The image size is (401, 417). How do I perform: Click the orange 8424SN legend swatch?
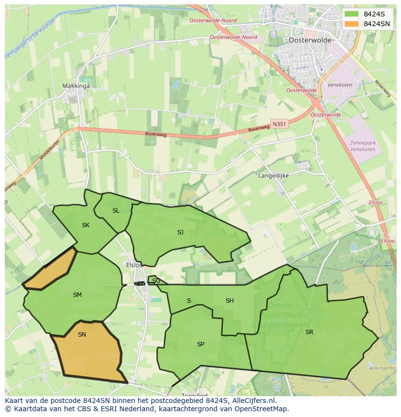[352, 24]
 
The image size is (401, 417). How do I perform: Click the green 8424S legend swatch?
[352, 14]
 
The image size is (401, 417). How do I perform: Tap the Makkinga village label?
[76, 86]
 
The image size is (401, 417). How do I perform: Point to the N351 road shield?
[279, 124]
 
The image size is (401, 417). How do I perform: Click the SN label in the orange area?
[82, 334]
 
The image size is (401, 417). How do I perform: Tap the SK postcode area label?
[86, 225]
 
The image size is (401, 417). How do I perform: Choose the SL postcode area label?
[116, 210]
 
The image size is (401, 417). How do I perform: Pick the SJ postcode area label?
[180, 232]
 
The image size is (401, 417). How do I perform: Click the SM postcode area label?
[77, 294]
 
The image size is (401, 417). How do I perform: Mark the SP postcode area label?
[200, 344]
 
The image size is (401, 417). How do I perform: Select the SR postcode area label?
[309, 332]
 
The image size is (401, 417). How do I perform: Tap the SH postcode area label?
[230, 301]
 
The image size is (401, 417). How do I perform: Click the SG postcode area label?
[156, 280]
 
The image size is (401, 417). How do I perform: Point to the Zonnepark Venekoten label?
[363, 146]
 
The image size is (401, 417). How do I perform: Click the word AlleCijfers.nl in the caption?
[254, 401]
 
